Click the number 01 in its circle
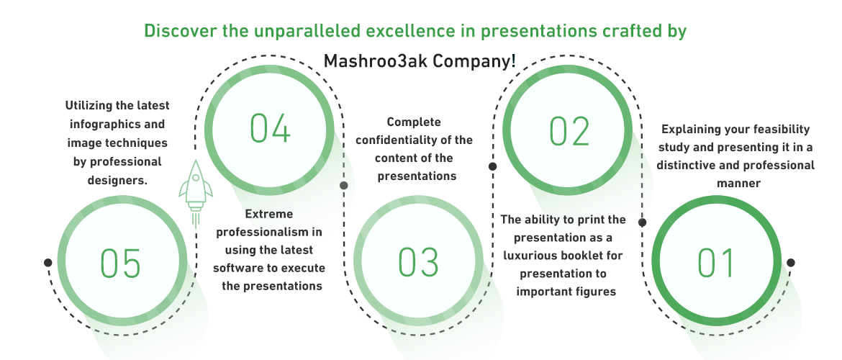click(716, 264)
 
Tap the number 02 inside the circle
click(569, 131)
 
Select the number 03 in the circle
click(418, 263)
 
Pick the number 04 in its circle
click(270, 128)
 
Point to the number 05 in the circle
click(120, 263)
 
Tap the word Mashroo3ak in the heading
click(376, 60)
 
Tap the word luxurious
click(528, 255)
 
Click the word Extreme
click(269, 215)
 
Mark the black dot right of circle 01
click(790, 263)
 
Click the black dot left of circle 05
click(47, 262)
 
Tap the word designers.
click(117, 180)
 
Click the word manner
click(738, 184)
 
